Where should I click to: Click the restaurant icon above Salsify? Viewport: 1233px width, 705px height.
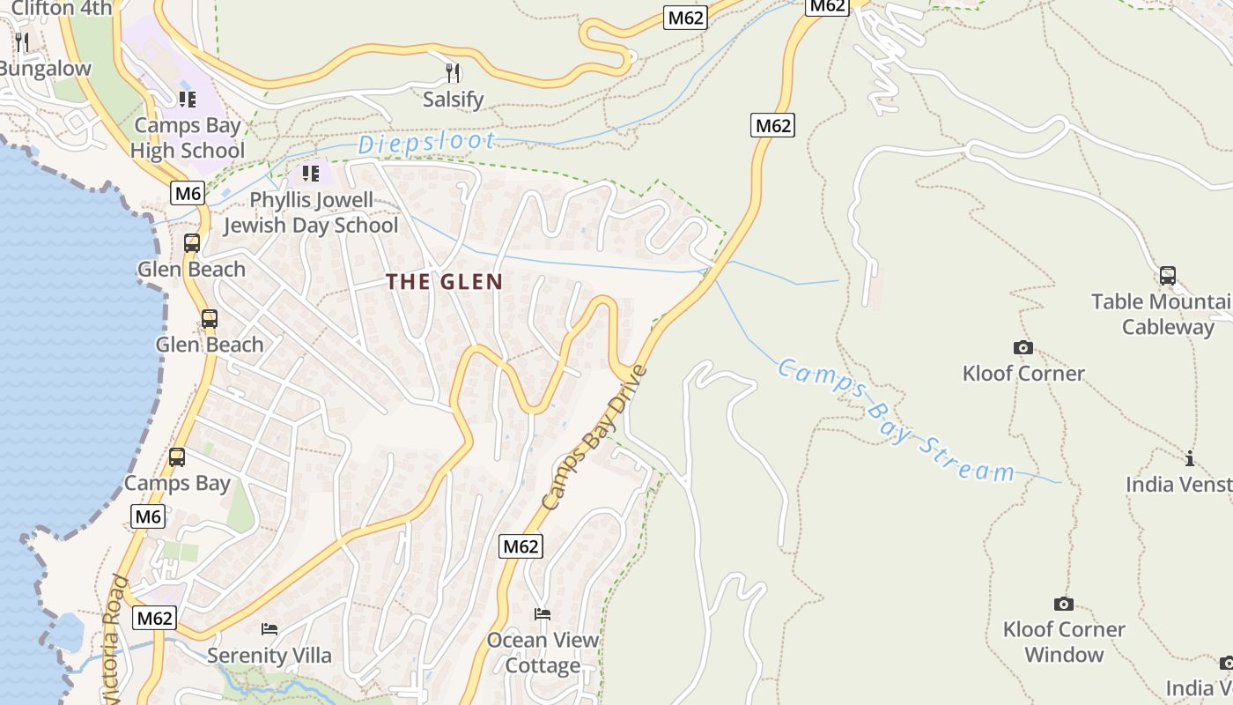pos(453,72)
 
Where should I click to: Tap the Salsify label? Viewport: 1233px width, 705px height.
pos(453,100)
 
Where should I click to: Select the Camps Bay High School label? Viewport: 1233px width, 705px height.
pos(187,138)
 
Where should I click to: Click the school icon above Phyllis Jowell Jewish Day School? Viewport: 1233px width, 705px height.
pos(310,174)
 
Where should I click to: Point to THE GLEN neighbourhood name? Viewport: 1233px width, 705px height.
pos(445,282)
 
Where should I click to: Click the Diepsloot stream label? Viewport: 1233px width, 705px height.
pos(426,142)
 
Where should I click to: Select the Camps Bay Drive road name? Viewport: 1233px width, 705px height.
pos(594,438)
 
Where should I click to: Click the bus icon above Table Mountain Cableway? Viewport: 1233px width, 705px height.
pos(1167,276)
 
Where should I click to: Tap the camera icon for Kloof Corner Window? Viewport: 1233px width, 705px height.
pos(1063,604)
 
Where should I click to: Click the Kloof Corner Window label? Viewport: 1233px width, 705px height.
pos(1064,642)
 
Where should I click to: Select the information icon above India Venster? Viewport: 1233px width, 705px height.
pos(1190,458)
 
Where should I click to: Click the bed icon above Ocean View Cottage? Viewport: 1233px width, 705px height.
pos(543,613)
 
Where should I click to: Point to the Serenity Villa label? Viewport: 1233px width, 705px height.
pos(269,656)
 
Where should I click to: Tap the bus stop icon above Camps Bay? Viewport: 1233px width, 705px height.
pos(177,457)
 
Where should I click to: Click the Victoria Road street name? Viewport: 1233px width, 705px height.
pos(114,639)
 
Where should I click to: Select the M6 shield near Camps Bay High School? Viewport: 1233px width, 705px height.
pos(188,193)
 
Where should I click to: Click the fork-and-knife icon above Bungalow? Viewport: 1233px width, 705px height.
pos(22,41)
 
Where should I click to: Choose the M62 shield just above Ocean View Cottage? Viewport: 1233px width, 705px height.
pos(520,546)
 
